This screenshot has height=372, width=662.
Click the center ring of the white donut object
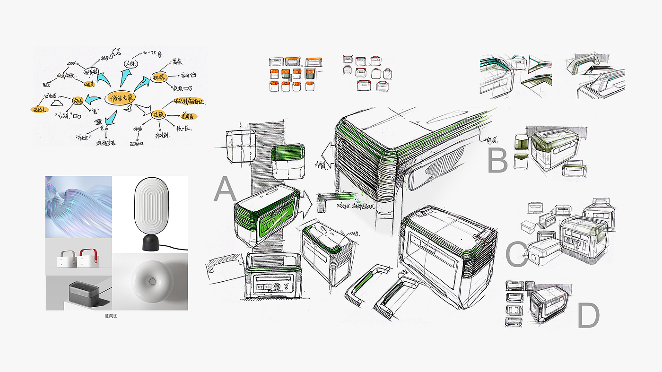pos(152,281)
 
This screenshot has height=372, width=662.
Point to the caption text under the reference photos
pos(111,315)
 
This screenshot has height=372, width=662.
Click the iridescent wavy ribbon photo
pos(78,207)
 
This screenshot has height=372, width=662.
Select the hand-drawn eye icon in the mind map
pos(98,121)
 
